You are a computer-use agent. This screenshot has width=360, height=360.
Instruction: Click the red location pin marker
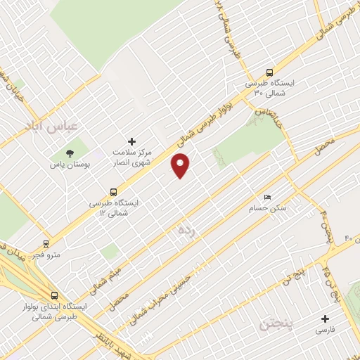tap(181, 165)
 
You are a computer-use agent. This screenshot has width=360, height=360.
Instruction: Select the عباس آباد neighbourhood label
tap(60, 126)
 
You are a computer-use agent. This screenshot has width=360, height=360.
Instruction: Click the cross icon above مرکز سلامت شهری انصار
tap(131, 141)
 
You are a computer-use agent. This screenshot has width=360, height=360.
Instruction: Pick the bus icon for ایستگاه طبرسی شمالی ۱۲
tap(114, 191)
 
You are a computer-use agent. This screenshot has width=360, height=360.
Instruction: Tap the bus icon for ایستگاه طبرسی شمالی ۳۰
tap(270, 72)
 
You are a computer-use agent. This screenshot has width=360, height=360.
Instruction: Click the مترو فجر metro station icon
tap(46, 244)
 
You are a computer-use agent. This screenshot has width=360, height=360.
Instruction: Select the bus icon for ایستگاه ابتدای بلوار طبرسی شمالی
tap(54, 295)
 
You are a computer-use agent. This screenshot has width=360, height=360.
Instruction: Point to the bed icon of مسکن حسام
tap(266, 198)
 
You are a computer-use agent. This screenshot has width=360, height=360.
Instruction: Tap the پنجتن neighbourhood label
tap(274, 325)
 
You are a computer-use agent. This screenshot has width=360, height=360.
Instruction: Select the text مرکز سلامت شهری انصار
tap(131, 157)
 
